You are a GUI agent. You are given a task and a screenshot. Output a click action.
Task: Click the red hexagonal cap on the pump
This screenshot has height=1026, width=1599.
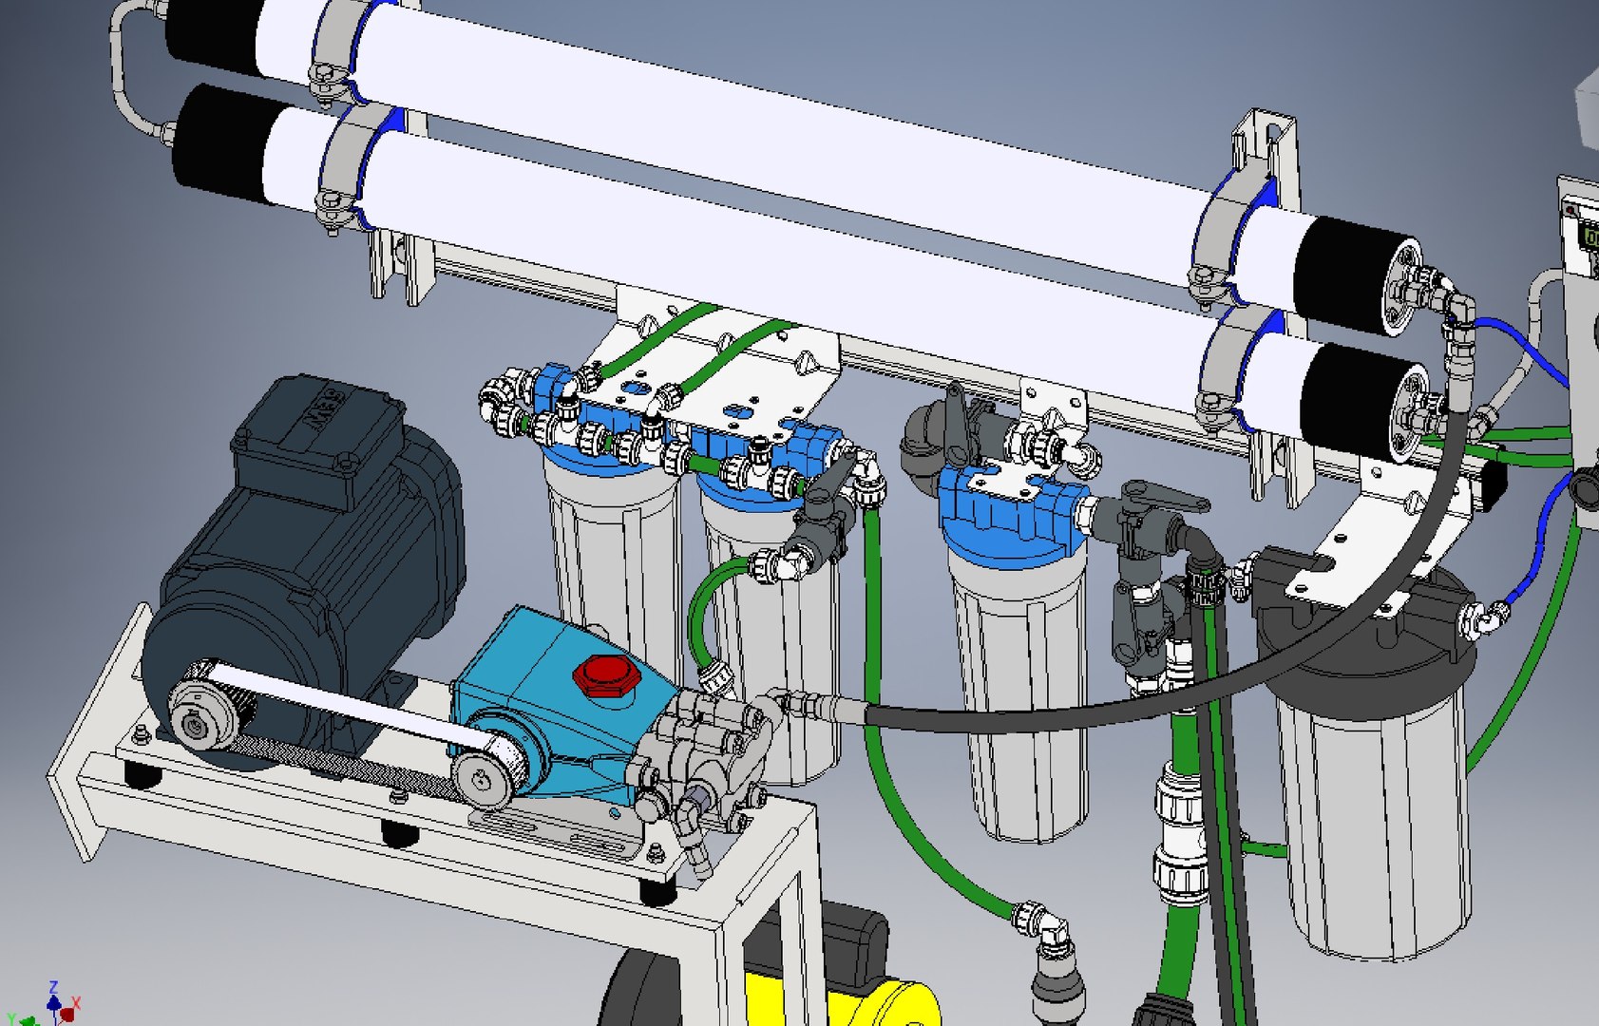604,674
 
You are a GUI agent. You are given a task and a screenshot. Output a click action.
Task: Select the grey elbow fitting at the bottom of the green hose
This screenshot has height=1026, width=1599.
1050,936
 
